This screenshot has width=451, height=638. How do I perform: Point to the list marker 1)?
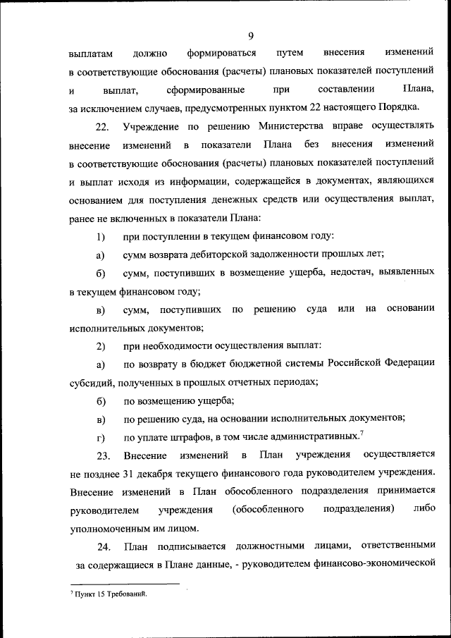(101, 235)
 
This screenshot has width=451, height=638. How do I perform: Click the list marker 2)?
(101, 345)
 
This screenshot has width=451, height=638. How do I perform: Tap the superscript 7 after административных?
(362, 433)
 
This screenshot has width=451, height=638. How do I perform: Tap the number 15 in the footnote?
(102, 596)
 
